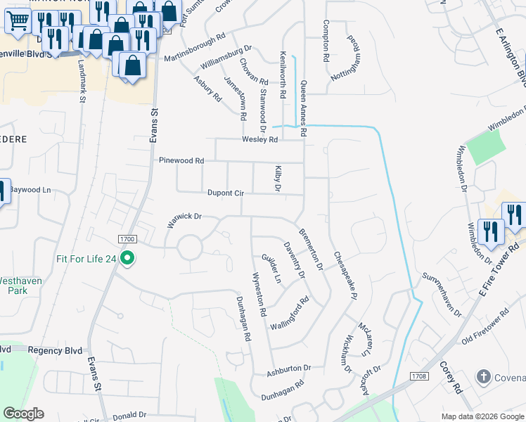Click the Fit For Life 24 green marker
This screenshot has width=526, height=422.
tap(127, 259)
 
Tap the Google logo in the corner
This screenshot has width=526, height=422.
tap(23, 414)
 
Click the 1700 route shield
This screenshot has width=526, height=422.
tap(127, 240)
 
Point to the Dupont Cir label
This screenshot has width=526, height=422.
tap(225, 193)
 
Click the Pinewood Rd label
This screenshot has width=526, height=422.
tap(181, 160)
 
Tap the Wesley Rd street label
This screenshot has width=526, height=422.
tap(260, 139)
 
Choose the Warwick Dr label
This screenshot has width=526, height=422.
tap(184, 220)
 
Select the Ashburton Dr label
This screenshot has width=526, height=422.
tap(288, 369)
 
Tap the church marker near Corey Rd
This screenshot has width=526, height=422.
tap(484, 377)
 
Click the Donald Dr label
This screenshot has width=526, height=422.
tap(128, 415)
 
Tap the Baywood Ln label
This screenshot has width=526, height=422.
tap(32, 190)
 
